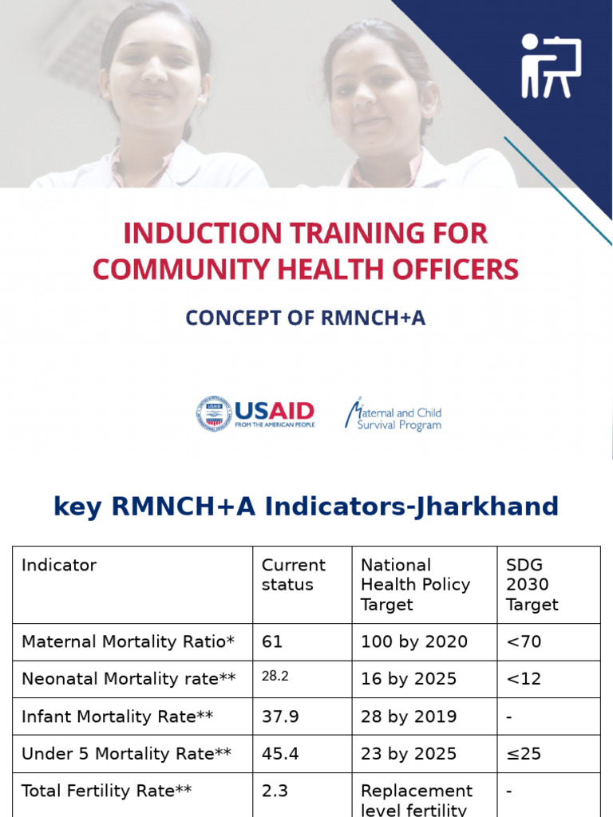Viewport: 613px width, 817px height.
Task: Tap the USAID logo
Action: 255,414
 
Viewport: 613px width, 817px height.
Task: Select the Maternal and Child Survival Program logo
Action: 393,414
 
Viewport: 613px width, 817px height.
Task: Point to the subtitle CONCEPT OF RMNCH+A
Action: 306,318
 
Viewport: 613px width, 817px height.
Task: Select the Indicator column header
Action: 59,566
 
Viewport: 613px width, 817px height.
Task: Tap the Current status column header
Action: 293,574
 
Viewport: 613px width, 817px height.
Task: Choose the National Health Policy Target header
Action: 415,584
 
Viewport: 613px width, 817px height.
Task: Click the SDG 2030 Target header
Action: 532,584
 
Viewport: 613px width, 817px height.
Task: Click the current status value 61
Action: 272,641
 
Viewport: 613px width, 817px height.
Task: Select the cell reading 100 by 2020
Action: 413,641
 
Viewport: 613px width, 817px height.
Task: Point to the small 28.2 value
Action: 275,677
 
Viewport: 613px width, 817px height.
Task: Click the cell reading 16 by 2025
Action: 409,679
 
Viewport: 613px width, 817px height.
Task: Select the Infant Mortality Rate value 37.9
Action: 280,716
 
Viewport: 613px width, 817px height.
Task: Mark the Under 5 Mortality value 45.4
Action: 280,754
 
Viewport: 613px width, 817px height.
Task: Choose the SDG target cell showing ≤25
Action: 524,754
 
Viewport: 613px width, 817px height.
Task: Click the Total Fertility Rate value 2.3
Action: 275,791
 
